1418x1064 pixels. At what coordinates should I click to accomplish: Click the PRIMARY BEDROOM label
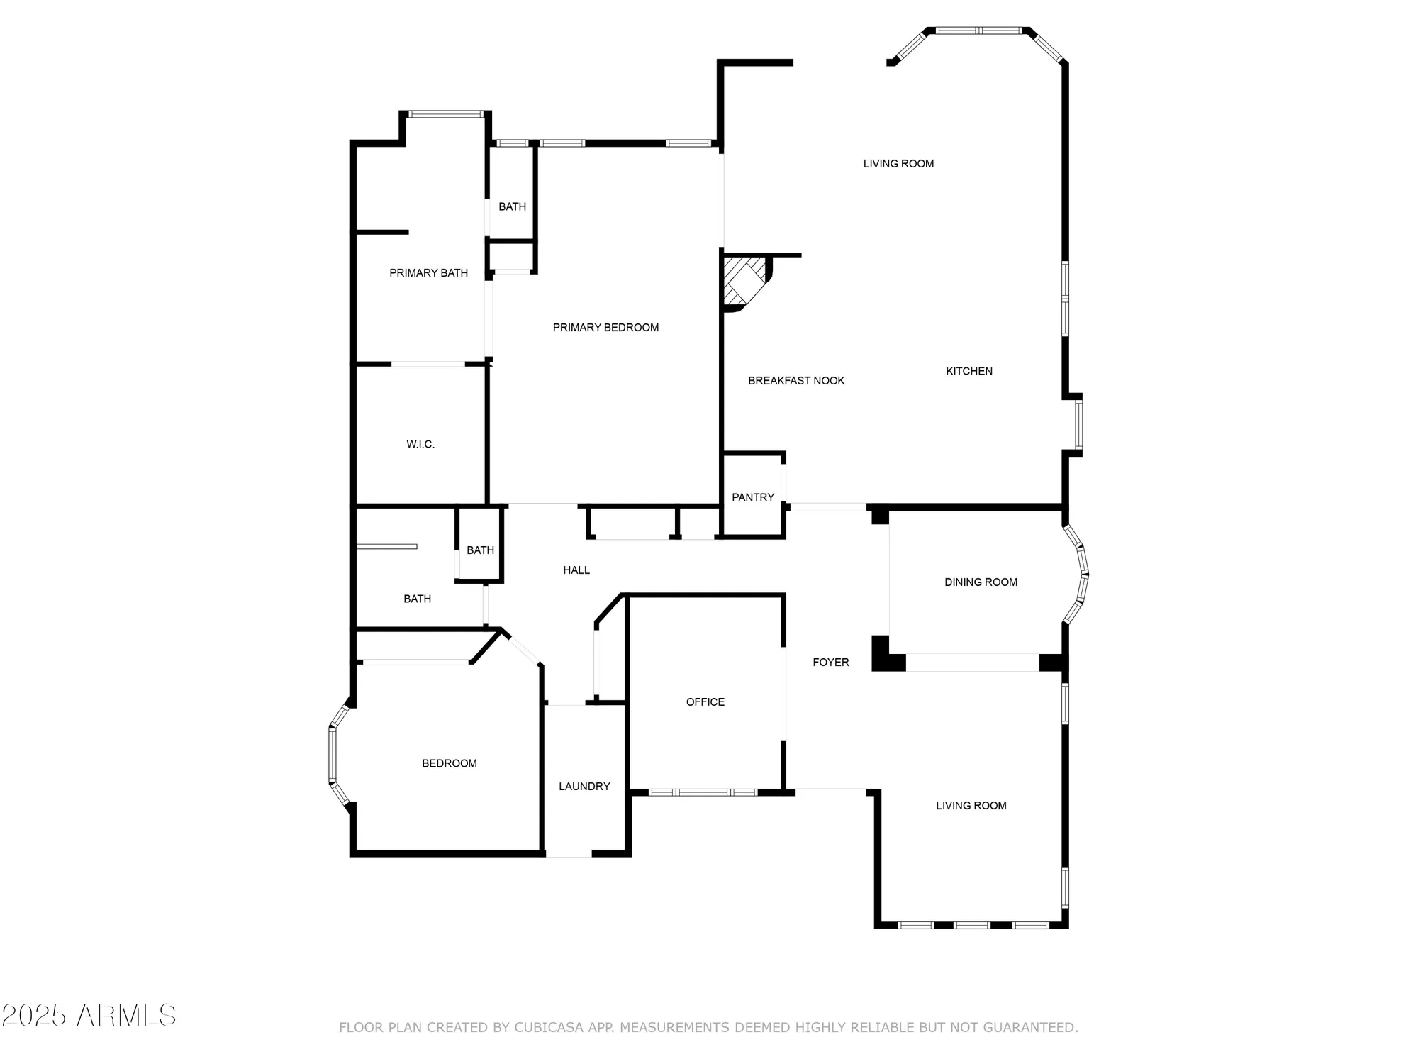tap(605, 328)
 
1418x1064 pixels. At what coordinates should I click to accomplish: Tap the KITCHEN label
tap(968, 371)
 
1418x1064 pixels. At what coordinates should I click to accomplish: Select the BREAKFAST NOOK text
tap(796, 381)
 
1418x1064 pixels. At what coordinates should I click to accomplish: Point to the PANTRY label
tap(752, 497)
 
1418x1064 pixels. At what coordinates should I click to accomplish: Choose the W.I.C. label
tap(420, 445)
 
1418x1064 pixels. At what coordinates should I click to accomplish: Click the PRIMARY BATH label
tap(428, 273)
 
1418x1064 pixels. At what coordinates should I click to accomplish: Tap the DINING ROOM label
tap(981, 582)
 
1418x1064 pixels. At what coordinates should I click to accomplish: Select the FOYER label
tap(830, 663)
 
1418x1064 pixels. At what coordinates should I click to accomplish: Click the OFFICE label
tap(705, 702)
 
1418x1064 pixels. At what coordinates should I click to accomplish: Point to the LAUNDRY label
tap(584, 786)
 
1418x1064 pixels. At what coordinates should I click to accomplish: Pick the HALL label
tap(576, 570)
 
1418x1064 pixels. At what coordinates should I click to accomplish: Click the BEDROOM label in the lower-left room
tap(449, 763)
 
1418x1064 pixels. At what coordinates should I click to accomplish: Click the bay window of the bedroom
tap(333, 755)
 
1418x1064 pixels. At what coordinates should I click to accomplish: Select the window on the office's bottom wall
tap(703, 792)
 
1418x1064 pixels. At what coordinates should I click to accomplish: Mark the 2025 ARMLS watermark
tap(88, 1016)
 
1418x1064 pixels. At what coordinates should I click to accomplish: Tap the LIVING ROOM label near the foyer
tap(971, 806)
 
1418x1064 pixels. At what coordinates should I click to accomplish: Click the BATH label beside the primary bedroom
tap(512, 206)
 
